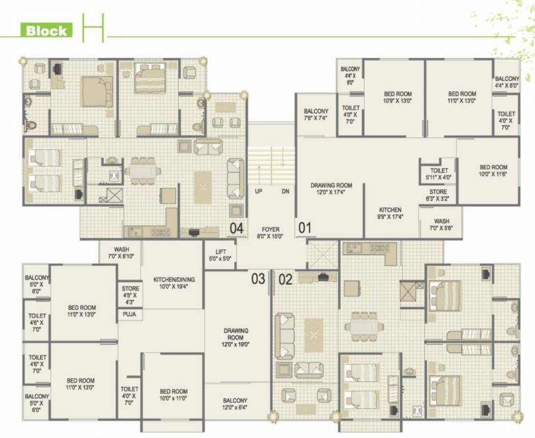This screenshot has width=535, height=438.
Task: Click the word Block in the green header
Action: [46, 31]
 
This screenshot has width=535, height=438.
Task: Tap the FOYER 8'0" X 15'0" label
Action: [270, 232]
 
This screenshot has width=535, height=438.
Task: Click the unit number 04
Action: [237, 229]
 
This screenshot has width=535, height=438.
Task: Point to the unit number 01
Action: [305, 229]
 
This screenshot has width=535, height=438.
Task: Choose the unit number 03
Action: [259, 279]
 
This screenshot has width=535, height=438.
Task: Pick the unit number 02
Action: [285, 279]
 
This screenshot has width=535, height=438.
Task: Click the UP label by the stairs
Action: [259, 192]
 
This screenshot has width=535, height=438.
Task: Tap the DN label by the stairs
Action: [285, 192]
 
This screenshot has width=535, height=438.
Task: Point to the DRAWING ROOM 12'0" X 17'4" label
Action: [331, 189]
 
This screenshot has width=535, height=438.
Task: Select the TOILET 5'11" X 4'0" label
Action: [439, 173]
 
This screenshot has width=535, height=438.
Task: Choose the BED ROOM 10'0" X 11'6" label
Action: [493, 171]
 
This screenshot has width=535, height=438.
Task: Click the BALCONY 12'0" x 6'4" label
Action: [235, 403]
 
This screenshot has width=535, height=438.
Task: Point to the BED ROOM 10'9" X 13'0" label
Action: [397, 97]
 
